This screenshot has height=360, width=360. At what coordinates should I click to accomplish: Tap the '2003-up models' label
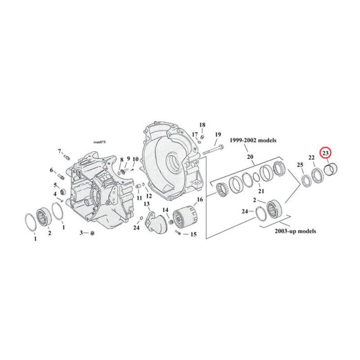295,231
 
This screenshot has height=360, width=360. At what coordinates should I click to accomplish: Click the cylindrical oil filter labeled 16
184,219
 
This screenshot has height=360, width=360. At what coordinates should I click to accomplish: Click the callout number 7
59,151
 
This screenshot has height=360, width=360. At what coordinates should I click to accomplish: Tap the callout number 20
250,157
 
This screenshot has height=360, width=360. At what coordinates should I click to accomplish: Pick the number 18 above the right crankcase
202,125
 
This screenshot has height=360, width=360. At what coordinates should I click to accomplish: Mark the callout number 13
146,204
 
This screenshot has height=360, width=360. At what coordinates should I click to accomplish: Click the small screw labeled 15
179,233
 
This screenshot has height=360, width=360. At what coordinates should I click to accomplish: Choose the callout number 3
81,233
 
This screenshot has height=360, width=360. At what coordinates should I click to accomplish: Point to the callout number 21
261,191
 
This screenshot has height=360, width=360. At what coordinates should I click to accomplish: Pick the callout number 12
149,196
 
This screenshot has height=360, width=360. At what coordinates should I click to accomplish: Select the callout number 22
311,157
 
